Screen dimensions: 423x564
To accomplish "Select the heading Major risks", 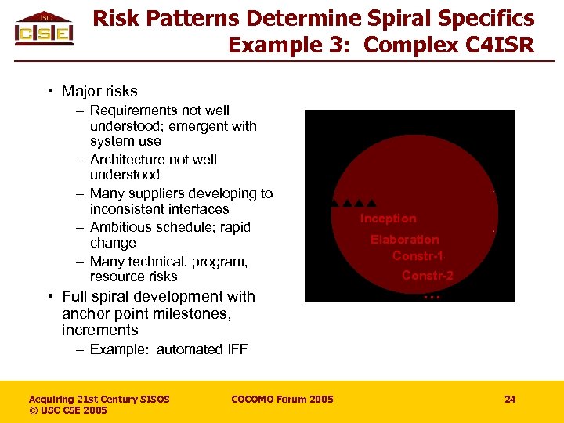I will click(99, 92).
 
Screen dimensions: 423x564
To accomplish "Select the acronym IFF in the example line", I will click(236, 349).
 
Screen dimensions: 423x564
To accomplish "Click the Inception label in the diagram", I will click(388, 219).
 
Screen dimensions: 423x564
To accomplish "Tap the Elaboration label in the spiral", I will click(404, 240).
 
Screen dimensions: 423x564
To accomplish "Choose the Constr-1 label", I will click(418, 256).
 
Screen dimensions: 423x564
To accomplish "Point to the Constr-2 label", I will click(427, 275).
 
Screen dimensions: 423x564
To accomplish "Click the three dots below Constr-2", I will click(432, 296).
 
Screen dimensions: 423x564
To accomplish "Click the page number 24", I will click(510, 399).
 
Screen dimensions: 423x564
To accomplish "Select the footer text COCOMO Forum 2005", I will click(282, 399).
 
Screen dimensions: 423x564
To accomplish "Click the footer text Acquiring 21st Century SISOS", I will click(99, 399).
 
